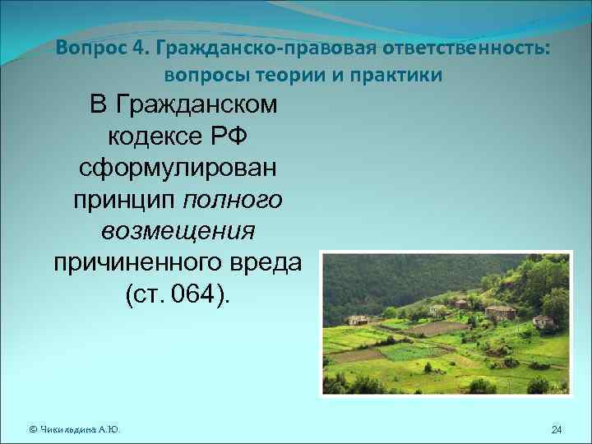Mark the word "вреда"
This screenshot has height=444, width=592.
coord(267,263)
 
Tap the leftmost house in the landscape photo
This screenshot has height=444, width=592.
coord(358,320)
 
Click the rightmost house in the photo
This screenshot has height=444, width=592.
coord(543,321)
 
